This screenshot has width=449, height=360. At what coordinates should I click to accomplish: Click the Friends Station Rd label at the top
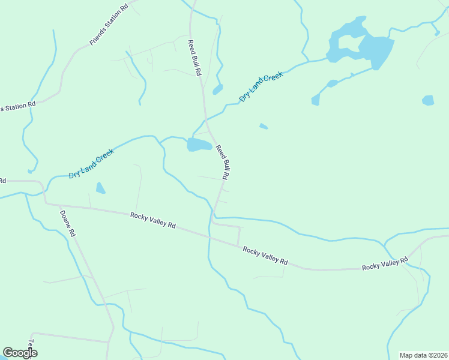point(109,25)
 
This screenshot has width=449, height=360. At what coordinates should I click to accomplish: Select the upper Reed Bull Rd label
point(194,57)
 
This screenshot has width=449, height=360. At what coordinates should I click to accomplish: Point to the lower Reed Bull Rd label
point(223,162)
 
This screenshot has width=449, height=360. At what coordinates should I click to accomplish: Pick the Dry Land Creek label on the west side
point(91,164)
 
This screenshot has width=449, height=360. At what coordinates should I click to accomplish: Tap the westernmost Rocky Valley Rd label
point(152,220)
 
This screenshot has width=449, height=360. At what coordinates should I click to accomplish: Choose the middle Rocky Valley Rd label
point(265,256)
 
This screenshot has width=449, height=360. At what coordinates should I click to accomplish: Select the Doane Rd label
point(67,223)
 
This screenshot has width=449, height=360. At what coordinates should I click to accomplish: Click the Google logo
point(20,353)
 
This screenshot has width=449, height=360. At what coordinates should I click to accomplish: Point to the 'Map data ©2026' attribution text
point(423,355)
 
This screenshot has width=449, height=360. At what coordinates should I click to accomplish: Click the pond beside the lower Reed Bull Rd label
point(199,145)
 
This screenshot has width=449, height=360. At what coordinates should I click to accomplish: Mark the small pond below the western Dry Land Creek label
point(100,188)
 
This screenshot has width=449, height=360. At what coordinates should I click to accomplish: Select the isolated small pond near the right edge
point(428,100)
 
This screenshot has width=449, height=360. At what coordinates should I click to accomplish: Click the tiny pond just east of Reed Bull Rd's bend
point(263,126)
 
